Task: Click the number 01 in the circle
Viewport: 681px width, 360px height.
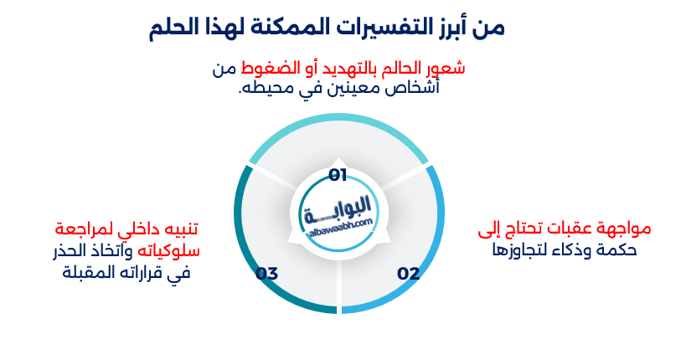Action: pyautogui.click(x=338, y=175)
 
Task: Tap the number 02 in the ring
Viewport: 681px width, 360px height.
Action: pyautogui.click(x=408, y=274)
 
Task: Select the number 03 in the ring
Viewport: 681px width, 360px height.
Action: pyautogui.click(x=266, y=274)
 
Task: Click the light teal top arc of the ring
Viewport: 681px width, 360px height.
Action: pyautogui.click(x=338, y=126)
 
